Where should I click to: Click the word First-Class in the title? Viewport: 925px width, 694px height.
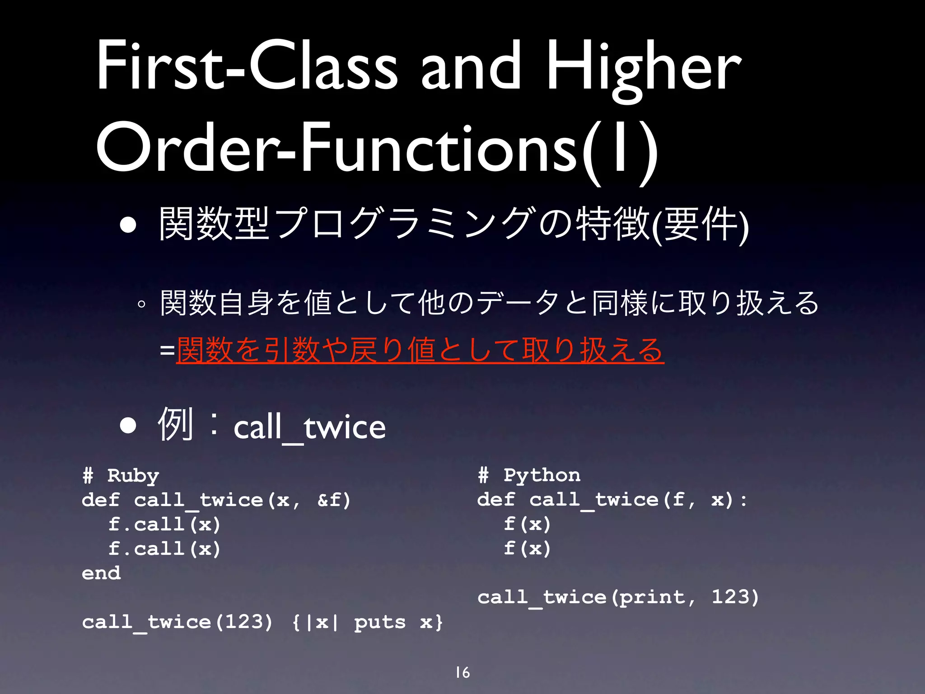coord(247,66)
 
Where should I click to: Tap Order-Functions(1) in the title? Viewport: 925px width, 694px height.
coord(377,149)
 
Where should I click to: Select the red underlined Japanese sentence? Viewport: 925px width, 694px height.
coord(420,351)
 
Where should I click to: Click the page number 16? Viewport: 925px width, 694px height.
coord(462,672)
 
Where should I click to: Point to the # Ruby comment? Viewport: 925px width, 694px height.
coord(121,475)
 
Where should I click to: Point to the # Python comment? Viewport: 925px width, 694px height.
coord(529,475)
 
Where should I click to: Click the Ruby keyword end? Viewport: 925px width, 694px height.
coord(101,573)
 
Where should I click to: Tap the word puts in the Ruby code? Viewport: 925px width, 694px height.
coord(380,622)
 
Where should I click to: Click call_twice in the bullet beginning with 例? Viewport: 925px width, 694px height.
coord(309,427)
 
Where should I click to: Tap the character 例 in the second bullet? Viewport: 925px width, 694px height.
coord(175,424)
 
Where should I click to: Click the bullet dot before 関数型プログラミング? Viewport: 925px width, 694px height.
coord(128,225)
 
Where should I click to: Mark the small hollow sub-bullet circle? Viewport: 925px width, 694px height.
coord(142,305)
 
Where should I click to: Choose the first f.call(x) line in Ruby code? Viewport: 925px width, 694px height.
coord(164,524)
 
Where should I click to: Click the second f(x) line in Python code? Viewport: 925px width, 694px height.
coord(527,548)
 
